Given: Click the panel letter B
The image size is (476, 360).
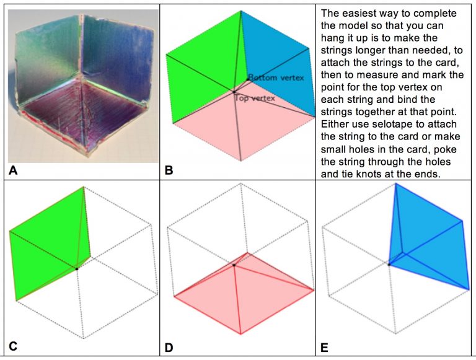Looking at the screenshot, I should pyautogui.click(x=169, y=169).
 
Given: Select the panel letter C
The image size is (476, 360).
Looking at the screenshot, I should pyautogui.click(x=13, y=347).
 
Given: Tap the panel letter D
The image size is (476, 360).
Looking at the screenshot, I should pyautogui.click(x=170, y=347).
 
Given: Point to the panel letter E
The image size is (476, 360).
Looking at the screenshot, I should pyautogui.click(x=324, y=347).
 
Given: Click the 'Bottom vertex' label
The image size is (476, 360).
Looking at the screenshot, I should pyautogui.click(x=275, y=77).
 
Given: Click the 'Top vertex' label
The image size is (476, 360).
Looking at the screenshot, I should pyautogui.click(x=255, y=98).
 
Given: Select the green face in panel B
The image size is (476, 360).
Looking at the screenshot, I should pyautogui.click(x=201, y=62).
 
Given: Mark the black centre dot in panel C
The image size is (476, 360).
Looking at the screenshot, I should pyautogui.click(x=77, y=268).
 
